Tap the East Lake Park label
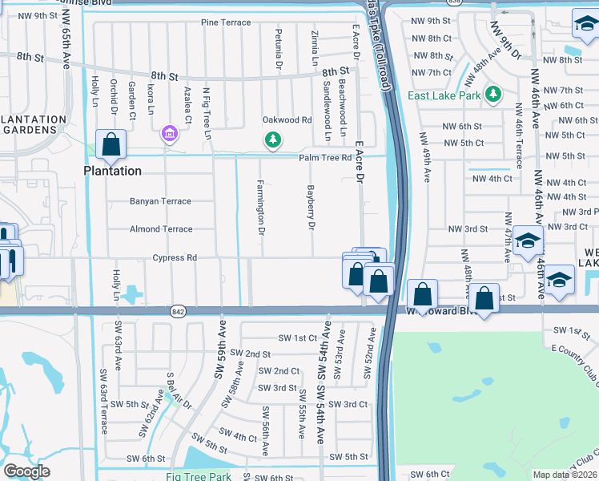(444, 95)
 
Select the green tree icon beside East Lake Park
(494, 95)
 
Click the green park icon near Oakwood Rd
(274, 140)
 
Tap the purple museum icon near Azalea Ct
(169, 132)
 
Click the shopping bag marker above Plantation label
(111, 145)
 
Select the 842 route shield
(178, 310)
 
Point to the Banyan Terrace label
(161, 201)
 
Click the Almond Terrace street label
(161, 229)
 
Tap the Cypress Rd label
(175, 258)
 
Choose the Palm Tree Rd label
(326, 158)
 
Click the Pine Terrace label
(226, 22)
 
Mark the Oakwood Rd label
(287, 120)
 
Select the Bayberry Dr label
(309, 208)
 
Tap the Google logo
(27, 471)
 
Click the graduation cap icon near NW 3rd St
(528, 241)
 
